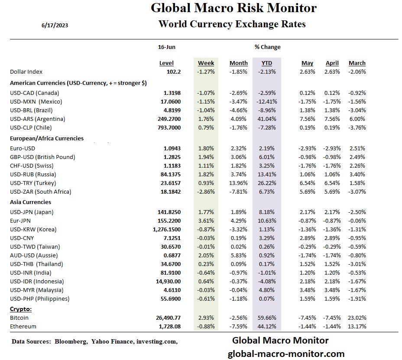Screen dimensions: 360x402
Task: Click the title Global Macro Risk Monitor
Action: [x=233, y=8]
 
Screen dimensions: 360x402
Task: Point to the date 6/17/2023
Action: [x=55, y=25]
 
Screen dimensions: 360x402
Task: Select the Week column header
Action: [x=206, y=63]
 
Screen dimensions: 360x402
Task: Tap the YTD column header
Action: [x=266, y=63]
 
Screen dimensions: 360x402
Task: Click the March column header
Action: [x=357, y=63]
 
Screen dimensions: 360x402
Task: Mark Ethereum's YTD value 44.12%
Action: [x=267, y=327]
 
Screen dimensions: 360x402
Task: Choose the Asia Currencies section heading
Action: [x=30, y=202]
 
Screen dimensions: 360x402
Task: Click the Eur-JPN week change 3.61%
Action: [x=207, y=221]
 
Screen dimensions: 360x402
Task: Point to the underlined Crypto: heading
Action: [x=20, y=309]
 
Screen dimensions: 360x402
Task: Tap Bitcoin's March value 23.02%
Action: [x=357, y=318]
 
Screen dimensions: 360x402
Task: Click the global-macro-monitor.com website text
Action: [x=286, y=354]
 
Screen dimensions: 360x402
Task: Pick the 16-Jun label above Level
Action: [x=167, y=47]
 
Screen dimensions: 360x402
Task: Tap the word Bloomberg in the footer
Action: [x=68, y=342]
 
